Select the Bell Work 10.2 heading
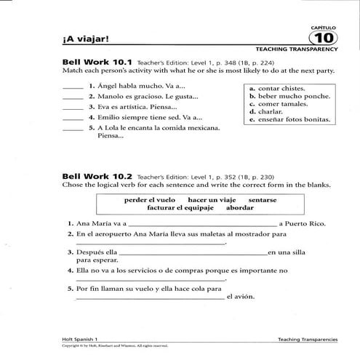tap(97, 175)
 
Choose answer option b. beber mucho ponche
tap(286, 96)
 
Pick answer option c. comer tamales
tap(276, 104)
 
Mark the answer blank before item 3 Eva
tap(73, 107)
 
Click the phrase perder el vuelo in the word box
tap(150, 199)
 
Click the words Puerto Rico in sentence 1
tap(304, 223)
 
